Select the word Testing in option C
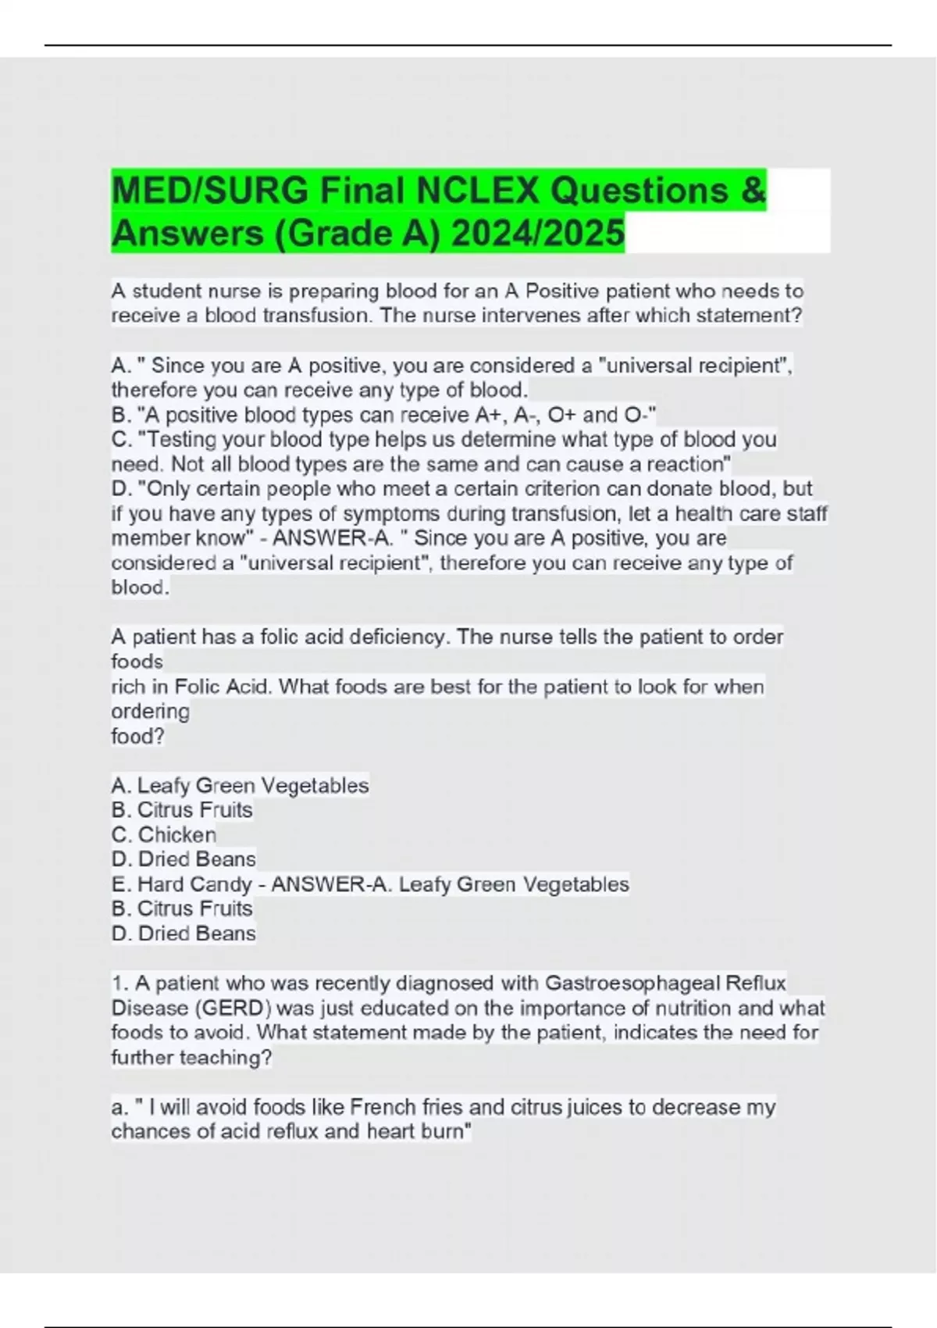click(185, 439)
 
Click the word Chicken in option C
click(177, 834)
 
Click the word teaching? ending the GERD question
click(226, 1058)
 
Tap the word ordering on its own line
click(150, 712)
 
